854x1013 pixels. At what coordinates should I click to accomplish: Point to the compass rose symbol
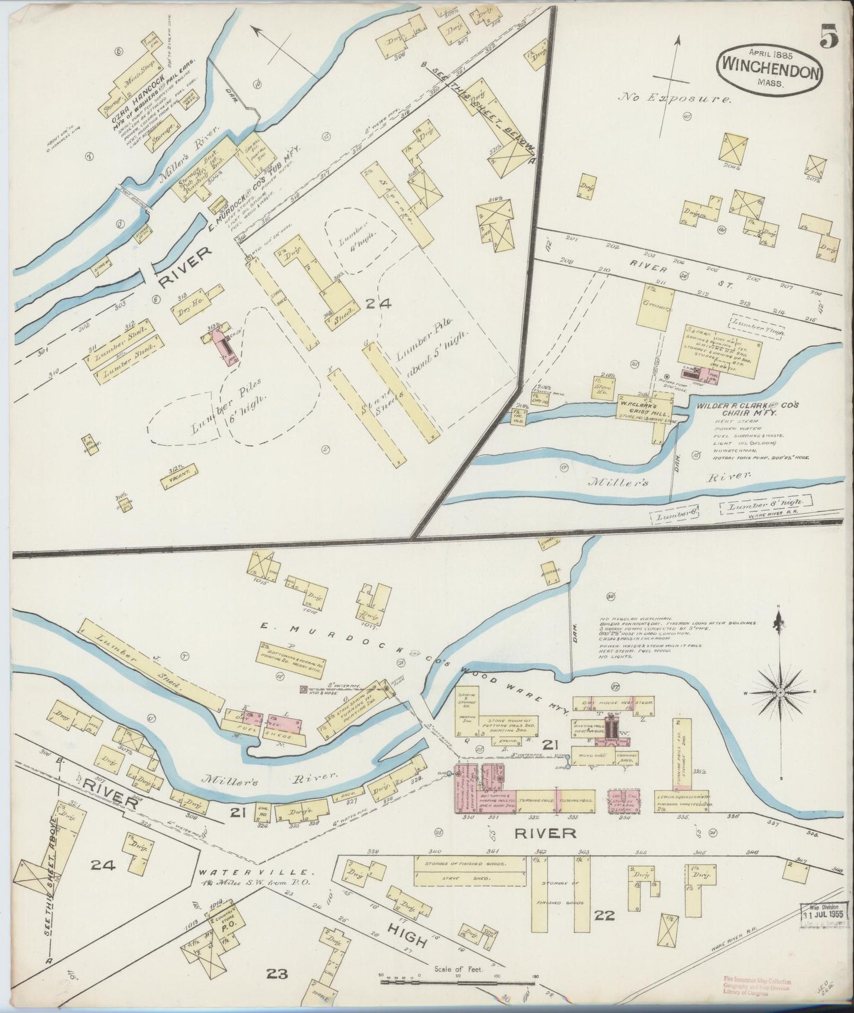coord(780,692)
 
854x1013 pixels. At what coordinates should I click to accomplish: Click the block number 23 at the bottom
coord(276,973)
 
